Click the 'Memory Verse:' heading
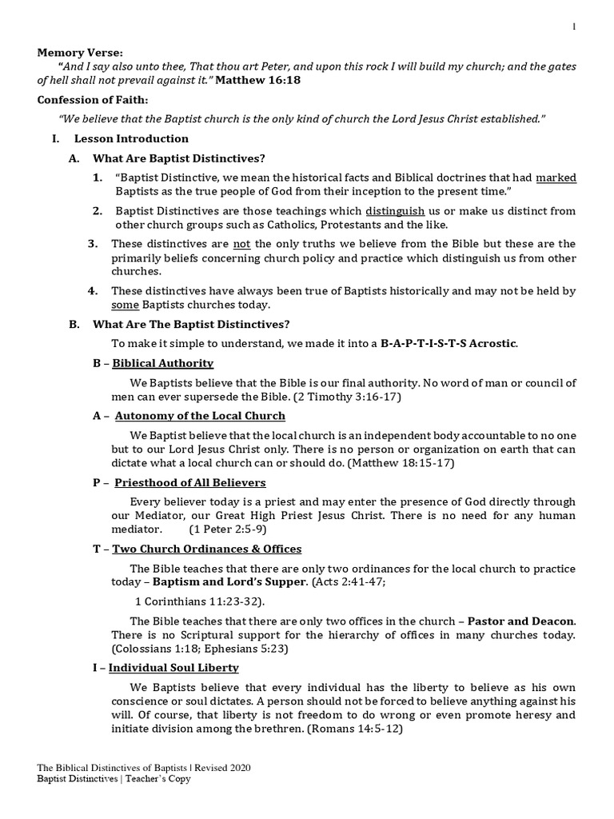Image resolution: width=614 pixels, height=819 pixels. [81, 53]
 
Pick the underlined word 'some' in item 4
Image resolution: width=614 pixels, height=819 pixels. [124, 306]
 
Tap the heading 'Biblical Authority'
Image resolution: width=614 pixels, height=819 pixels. [162, 363]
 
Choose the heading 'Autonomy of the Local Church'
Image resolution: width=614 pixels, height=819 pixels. [200, 416]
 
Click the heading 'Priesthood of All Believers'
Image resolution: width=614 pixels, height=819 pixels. [190, 483]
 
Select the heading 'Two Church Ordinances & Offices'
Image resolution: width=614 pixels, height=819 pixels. [206, 549]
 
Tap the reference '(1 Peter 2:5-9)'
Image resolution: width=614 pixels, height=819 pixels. [228, 529]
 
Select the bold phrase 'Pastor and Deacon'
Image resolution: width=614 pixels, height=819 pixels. [520, 621]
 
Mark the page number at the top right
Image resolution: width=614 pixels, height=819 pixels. [573, 27]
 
